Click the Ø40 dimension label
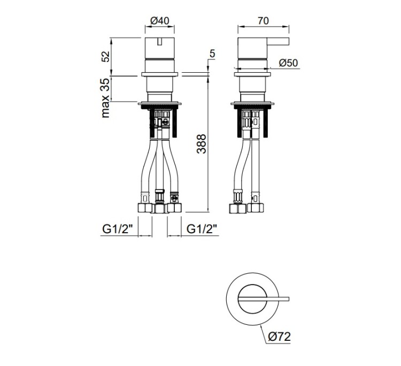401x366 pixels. [160, 20]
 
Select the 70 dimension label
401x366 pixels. [263, 20]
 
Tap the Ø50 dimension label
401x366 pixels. [289, 63]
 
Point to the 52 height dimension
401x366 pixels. [106, 56]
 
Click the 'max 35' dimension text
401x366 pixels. [106, 98]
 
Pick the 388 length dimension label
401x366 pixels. [202, 144]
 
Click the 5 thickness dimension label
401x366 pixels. [212, 54]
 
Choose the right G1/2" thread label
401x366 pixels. [202, 229]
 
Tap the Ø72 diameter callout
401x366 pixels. [280, 337]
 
